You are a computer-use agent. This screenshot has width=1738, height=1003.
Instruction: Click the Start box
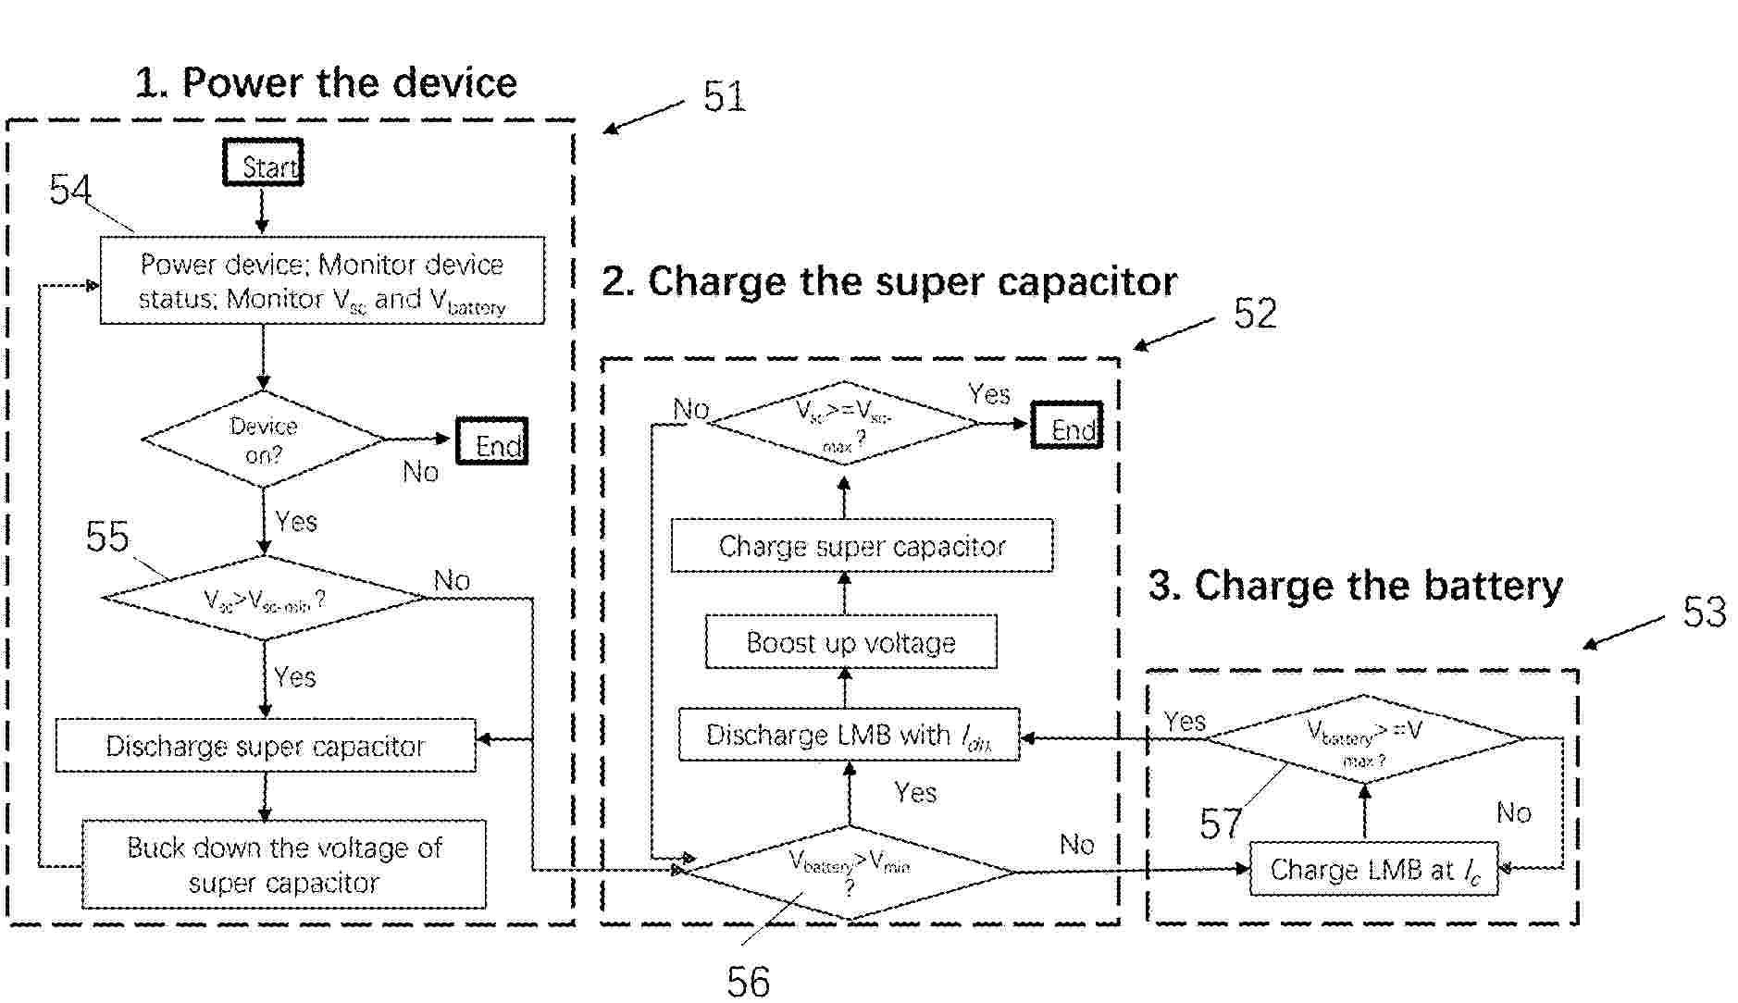[x=264, y=163]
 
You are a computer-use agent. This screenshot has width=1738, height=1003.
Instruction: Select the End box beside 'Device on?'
[x=492, y=442]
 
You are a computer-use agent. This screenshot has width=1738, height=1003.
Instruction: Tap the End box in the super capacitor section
[x=1067, y=426]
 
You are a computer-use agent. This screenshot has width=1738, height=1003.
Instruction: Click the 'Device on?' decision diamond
[x=264, y=440]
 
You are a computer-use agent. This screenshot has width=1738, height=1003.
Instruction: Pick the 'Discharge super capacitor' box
[x=266, y=746]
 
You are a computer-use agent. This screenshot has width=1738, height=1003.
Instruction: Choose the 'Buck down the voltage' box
[x=284, y=864]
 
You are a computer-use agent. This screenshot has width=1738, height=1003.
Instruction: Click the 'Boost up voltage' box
[x=850, y=642]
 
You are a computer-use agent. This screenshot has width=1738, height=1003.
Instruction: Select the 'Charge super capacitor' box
[x=862, y=546]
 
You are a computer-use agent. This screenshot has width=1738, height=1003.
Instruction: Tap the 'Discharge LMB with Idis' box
[x=849, y=735]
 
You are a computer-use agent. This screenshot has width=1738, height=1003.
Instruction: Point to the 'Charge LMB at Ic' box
[x=1373, y=870]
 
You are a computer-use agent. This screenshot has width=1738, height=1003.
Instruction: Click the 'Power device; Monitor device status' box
[x=322, y=280]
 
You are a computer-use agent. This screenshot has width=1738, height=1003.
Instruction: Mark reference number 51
[x=724, y=96]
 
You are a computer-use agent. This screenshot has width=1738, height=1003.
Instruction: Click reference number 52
[x=1255, y=315]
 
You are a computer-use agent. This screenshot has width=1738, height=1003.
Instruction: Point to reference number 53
[x=1704, y=613]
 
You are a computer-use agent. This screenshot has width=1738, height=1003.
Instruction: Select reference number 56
[x=748, y=981]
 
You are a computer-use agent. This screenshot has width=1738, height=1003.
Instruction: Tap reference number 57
[x=1220, y=823]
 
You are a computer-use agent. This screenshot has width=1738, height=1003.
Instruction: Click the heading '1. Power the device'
[x=326, y=82]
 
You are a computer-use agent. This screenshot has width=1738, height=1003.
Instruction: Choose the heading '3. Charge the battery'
[x=1355, y=586]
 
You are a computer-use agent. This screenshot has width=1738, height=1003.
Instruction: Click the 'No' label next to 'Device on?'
[x=420, y=473]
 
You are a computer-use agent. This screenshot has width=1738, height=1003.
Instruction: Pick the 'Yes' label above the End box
[x=988, y=395]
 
